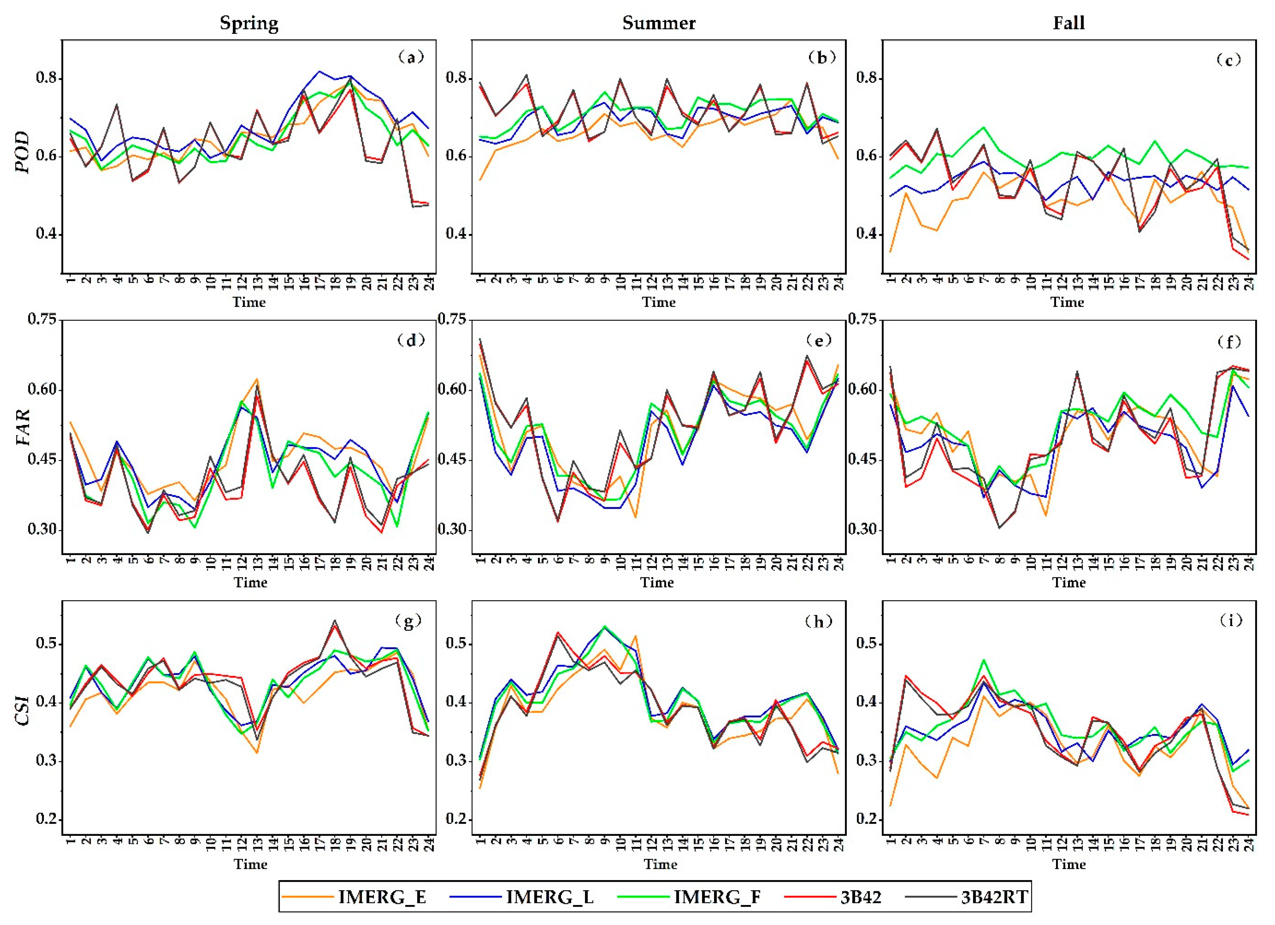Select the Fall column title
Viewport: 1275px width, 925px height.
[1068, 23]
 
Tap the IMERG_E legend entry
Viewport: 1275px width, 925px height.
[382, 897]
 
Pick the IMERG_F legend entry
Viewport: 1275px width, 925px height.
[717, 897]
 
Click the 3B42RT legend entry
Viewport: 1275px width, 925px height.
[995, 897]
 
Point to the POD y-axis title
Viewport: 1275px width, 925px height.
[23, 153]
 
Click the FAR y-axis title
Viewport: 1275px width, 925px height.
[23, 427]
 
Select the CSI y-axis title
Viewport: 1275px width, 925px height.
[23, 710]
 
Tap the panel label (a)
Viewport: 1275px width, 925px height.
[410, 57]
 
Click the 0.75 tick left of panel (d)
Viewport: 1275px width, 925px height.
[42, 319]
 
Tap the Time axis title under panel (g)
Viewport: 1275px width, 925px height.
[250, 864]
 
